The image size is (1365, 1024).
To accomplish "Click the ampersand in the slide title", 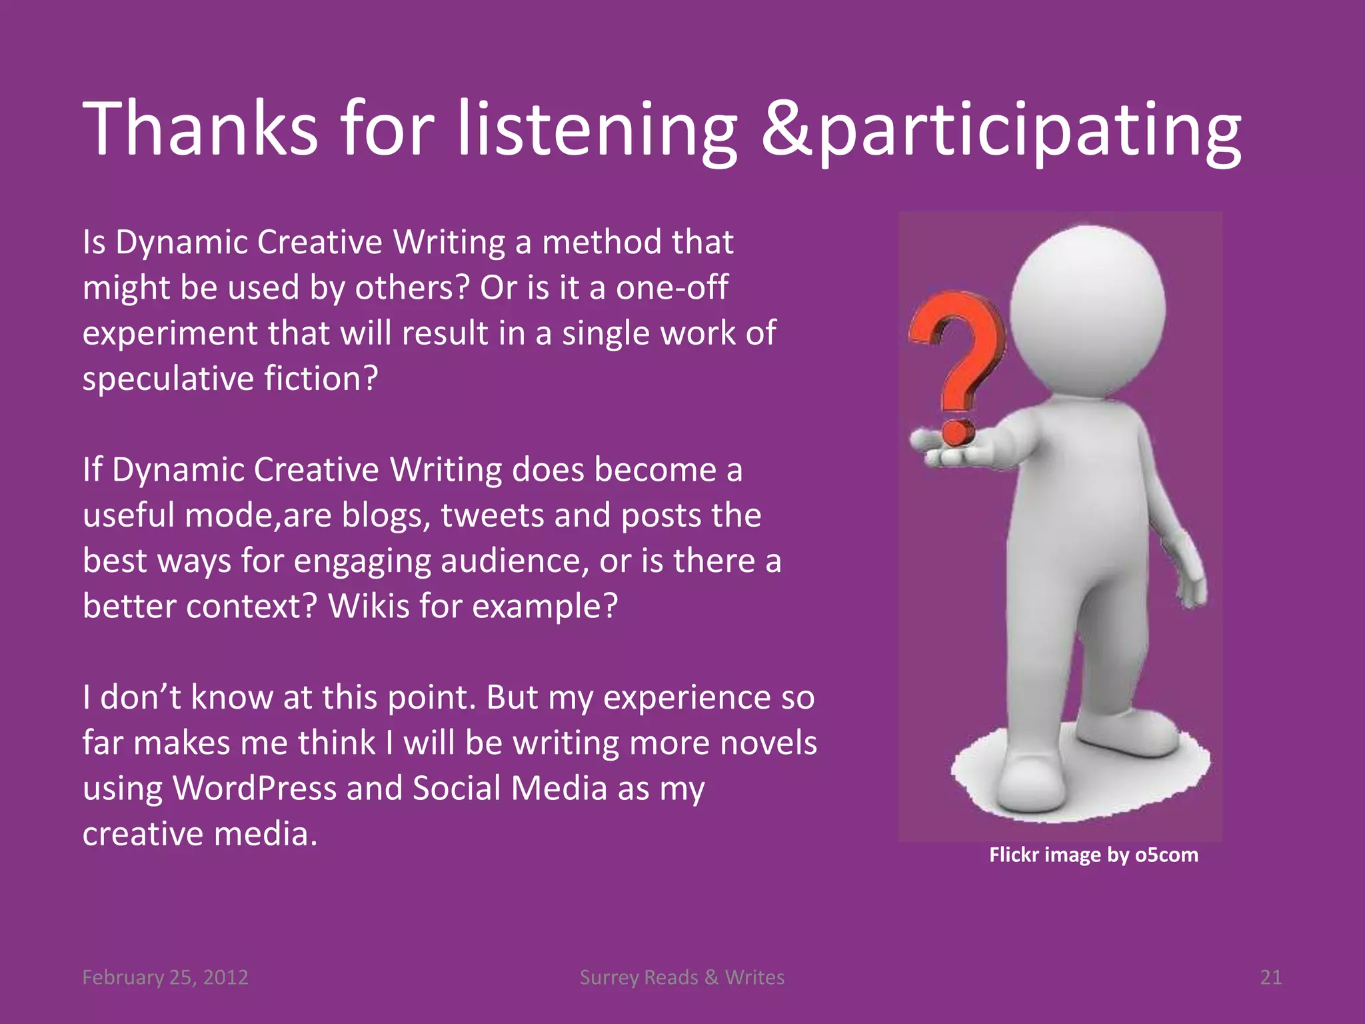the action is tap(787, 130).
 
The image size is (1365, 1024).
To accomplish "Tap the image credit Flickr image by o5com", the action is tap(1093, 855).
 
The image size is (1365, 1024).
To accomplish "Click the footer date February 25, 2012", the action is tap(165, 977).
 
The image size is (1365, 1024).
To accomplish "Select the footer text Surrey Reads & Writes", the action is tap(682, 977).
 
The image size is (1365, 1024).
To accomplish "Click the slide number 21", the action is tap(1270, 977).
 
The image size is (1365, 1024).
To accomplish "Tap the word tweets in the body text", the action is tap(492, 515).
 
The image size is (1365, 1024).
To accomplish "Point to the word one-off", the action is tap(671, 288).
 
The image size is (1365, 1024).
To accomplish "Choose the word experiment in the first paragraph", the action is tap(170, 333).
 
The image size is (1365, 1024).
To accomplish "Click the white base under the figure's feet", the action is tap(1080, 780).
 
